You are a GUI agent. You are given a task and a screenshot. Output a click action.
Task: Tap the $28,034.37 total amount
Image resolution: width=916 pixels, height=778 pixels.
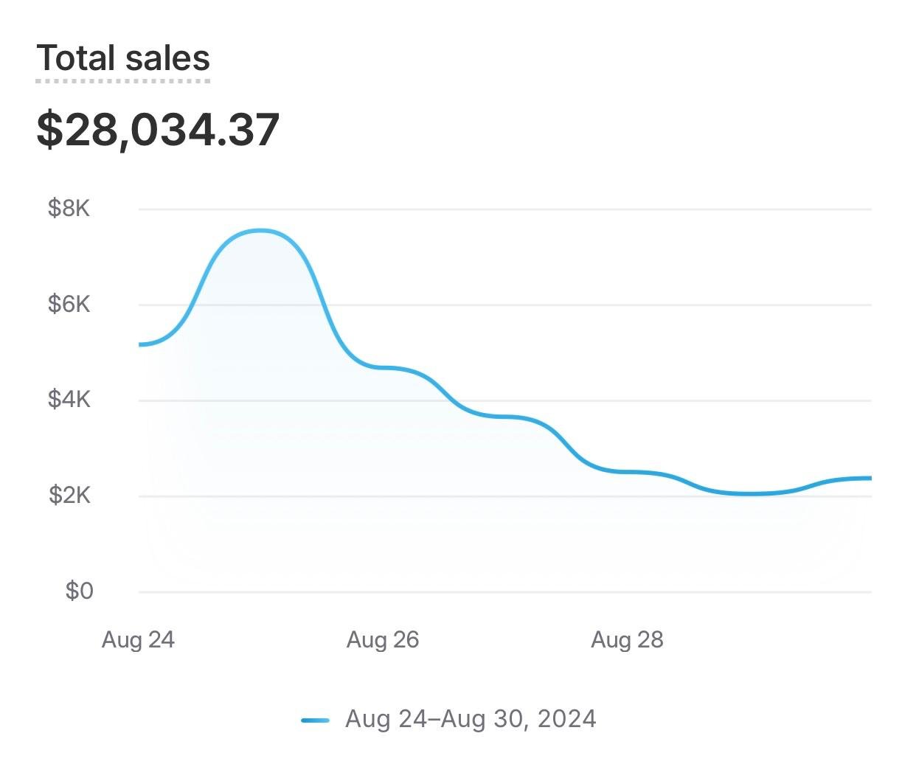click(158, 130)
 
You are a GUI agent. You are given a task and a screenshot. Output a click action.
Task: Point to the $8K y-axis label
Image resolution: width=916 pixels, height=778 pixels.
click(69, 209)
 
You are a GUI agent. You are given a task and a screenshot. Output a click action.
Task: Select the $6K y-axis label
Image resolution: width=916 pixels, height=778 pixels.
click(69, 304)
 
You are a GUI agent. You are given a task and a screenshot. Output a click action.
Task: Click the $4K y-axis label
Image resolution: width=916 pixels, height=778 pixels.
click(69, 400)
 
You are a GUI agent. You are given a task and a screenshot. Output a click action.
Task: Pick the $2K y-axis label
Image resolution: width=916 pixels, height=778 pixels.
click(69, 495)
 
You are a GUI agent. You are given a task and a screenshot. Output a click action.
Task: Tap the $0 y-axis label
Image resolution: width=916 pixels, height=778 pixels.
click(79, 591)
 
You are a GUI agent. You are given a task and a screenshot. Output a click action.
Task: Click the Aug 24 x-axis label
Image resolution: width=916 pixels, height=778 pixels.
click(138, 639)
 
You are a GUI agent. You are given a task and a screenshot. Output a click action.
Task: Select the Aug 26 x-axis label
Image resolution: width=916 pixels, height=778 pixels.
click(383, 639)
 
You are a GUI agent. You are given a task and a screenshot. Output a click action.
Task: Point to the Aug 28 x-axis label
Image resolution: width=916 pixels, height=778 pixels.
click(627, 639)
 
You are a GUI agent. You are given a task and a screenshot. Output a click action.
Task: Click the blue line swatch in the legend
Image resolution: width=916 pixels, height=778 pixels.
click(315, 720)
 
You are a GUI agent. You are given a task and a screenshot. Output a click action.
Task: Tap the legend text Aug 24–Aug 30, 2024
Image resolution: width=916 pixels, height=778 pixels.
click(471, 719)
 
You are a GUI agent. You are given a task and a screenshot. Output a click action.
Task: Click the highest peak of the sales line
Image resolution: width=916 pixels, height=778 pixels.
click(261, 231)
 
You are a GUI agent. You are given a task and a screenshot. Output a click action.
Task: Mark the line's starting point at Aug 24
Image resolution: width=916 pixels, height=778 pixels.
click(140, 344)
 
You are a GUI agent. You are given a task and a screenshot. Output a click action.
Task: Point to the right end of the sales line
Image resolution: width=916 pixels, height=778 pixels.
click(870, 479)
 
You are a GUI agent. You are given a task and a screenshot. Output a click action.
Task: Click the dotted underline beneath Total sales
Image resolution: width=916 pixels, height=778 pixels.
click(123, 80)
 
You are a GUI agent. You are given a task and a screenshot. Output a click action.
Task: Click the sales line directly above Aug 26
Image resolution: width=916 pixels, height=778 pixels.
click(383, 367)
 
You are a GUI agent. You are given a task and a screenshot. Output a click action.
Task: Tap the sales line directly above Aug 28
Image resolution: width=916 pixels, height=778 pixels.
click(627, 471)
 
